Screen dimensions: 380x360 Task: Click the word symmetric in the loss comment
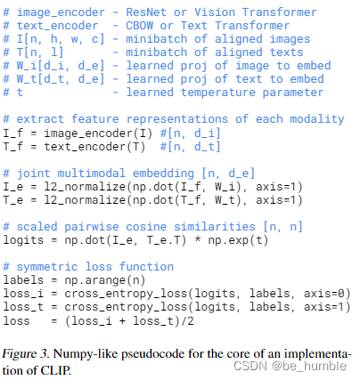click(49, 266)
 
